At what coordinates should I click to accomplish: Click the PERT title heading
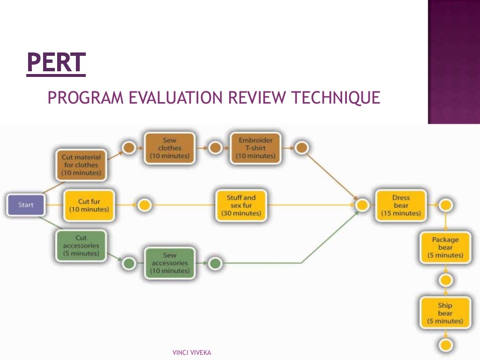pyautogui.click(x=56, y=63)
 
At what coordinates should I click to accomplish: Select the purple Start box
pyautogui.click(x=26, y=205)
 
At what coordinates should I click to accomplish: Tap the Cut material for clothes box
pyautogui.click(x=81, y=165)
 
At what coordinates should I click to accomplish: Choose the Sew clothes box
pyautogui.click(x=170, y=148)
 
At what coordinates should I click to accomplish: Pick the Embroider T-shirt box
pyautogui.click(x=255, y=148)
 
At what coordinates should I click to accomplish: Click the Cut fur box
pyautogui.click(x=89, y=205)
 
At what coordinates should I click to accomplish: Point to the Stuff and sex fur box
pyautogui.click(x=241, y=205)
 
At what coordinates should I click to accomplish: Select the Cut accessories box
pyautogui.click(x=81, y=246)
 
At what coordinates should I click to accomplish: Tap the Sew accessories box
pyautogui.click(x=170, y=263)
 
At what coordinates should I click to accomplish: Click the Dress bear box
pyautogui.click(x=401, y=205)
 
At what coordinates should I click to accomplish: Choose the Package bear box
pyautogui.click(x=445, y=247)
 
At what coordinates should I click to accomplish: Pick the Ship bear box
pyautogui.click(x=445, y=313)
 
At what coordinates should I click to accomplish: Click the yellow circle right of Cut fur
pyautogui.click(x=145, y=205)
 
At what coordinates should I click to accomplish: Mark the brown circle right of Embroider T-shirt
pyautogui.click(x=302, y=148)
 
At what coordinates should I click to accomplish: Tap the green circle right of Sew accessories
pyautogui.click(x=215, y=263)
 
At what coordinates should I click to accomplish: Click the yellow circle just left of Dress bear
pyautogui.click(x=362, y=205)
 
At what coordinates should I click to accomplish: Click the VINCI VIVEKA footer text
pyautogui.click(x=192, y=352)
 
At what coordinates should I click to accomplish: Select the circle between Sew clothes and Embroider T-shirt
pyautogui.click(x=215, y=148)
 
